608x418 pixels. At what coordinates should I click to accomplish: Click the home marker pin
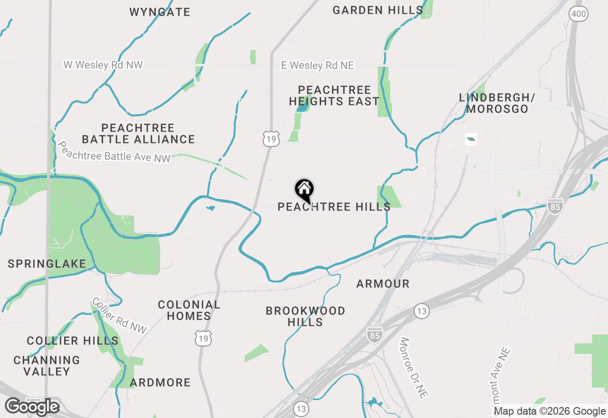pos(304,190)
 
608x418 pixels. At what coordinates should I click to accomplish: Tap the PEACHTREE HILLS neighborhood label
pos(334,207)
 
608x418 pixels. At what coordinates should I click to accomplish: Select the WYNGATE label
pos(160,12)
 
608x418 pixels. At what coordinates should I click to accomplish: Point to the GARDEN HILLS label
pos(378,10)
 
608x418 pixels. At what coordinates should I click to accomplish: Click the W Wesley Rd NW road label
pos(103,65)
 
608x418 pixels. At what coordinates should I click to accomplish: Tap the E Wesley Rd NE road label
pos(317,66)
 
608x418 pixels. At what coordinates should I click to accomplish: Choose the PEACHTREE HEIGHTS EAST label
pos(334,95)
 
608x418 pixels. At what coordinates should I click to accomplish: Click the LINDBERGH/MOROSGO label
pos(497,103)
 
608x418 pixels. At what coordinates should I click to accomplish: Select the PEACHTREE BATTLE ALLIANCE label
pos(138,133)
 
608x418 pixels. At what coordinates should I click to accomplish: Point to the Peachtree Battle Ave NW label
pos(114,152)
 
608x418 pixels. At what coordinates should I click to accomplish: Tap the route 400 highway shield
pos(579,14)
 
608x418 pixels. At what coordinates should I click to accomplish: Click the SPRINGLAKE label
pos(47,264)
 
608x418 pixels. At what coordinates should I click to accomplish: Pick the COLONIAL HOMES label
pos(189,310)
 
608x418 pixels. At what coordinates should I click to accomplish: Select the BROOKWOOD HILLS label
pos(305,316)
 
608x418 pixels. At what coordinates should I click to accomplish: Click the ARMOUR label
pos(383,284)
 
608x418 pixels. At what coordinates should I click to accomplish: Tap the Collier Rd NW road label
pos(119,315)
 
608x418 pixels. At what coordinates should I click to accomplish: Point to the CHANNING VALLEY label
pos(47,366)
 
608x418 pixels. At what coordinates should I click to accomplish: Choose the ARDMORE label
pos(160,383)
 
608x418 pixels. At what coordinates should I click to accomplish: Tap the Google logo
pos(32,407)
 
